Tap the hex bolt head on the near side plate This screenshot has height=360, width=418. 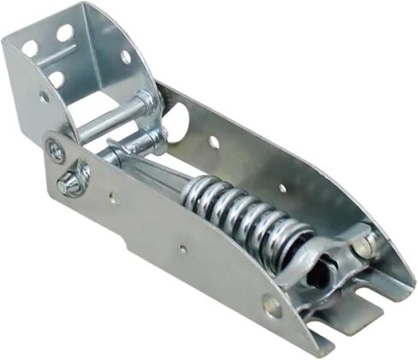(x=70, y=183)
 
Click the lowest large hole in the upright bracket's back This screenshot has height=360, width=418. (x=56, y=80)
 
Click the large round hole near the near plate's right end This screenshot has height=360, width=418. (x=272, y=303)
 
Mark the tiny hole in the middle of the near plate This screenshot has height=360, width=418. (x=182, y=250)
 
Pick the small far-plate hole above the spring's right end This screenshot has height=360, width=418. (x=282, y=187)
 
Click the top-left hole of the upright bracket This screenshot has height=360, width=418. (x=30, y=49)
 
